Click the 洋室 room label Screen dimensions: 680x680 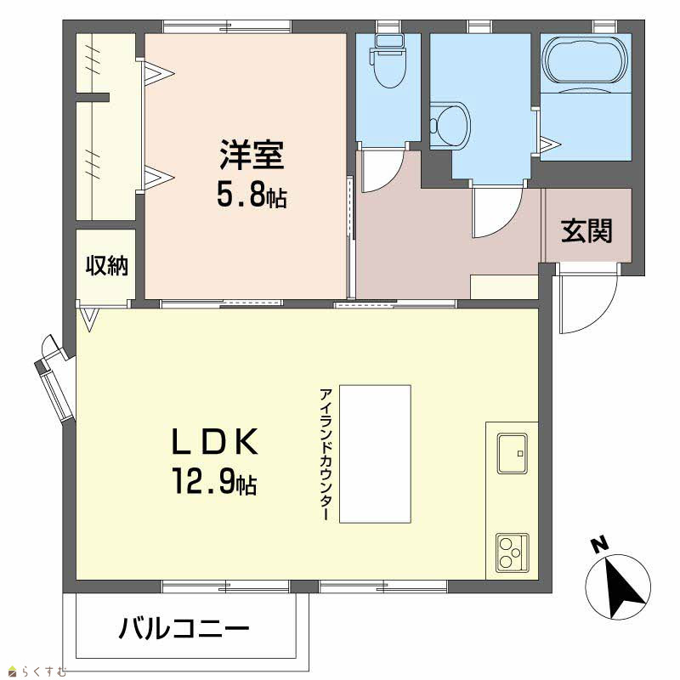coord(252,155)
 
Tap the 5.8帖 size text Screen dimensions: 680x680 coord(252,196)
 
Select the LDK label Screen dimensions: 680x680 coord(215,441)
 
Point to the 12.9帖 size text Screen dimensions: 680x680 coord(215,481)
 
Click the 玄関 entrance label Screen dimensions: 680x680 coord(586,230)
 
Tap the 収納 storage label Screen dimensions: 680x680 coord(107,265)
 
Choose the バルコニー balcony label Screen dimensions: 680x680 coord(184,628)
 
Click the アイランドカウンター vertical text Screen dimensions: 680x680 coord(326,454)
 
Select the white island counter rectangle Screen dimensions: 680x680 coord(375,454)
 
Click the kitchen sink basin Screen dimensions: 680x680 coord(513,453)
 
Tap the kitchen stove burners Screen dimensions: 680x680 coord(513,553)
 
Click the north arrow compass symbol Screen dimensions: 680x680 coord(619,586)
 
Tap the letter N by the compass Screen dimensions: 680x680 coord(599,544)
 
